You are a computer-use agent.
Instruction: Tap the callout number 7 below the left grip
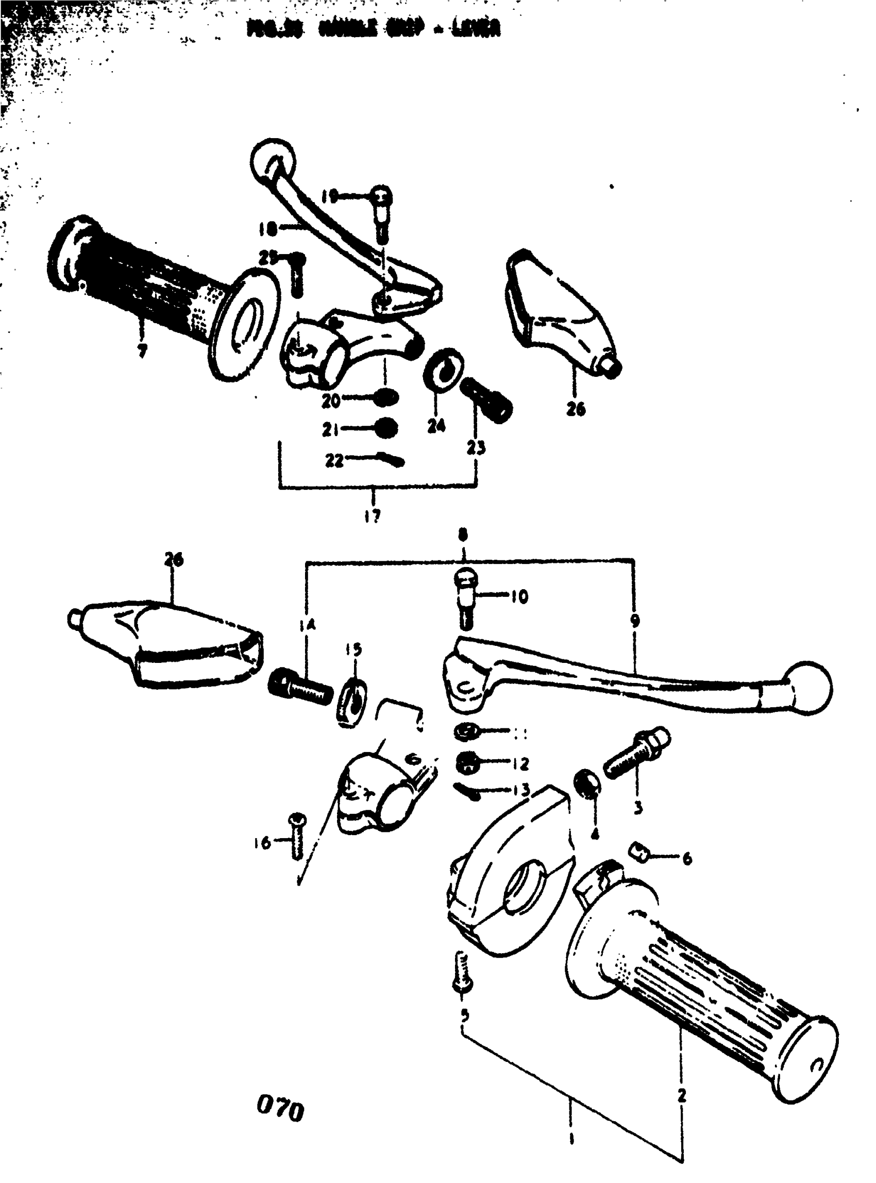click(x=142, y=351)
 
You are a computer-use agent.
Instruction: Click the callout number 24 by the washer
click(x=436, y=425)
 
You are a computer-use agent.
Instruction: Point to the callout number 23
click(x=476, y=448)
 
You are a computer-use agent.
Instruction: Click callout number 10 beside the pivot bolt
click(x=519, y=597)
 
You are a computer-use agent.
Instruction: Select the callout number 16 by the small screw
click(x=262, y=842)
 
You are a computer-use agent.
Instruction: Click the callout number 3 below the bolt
click(x=638, y=807)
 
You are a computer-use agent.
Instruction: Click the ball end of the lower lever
click(x=809, y=689)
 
